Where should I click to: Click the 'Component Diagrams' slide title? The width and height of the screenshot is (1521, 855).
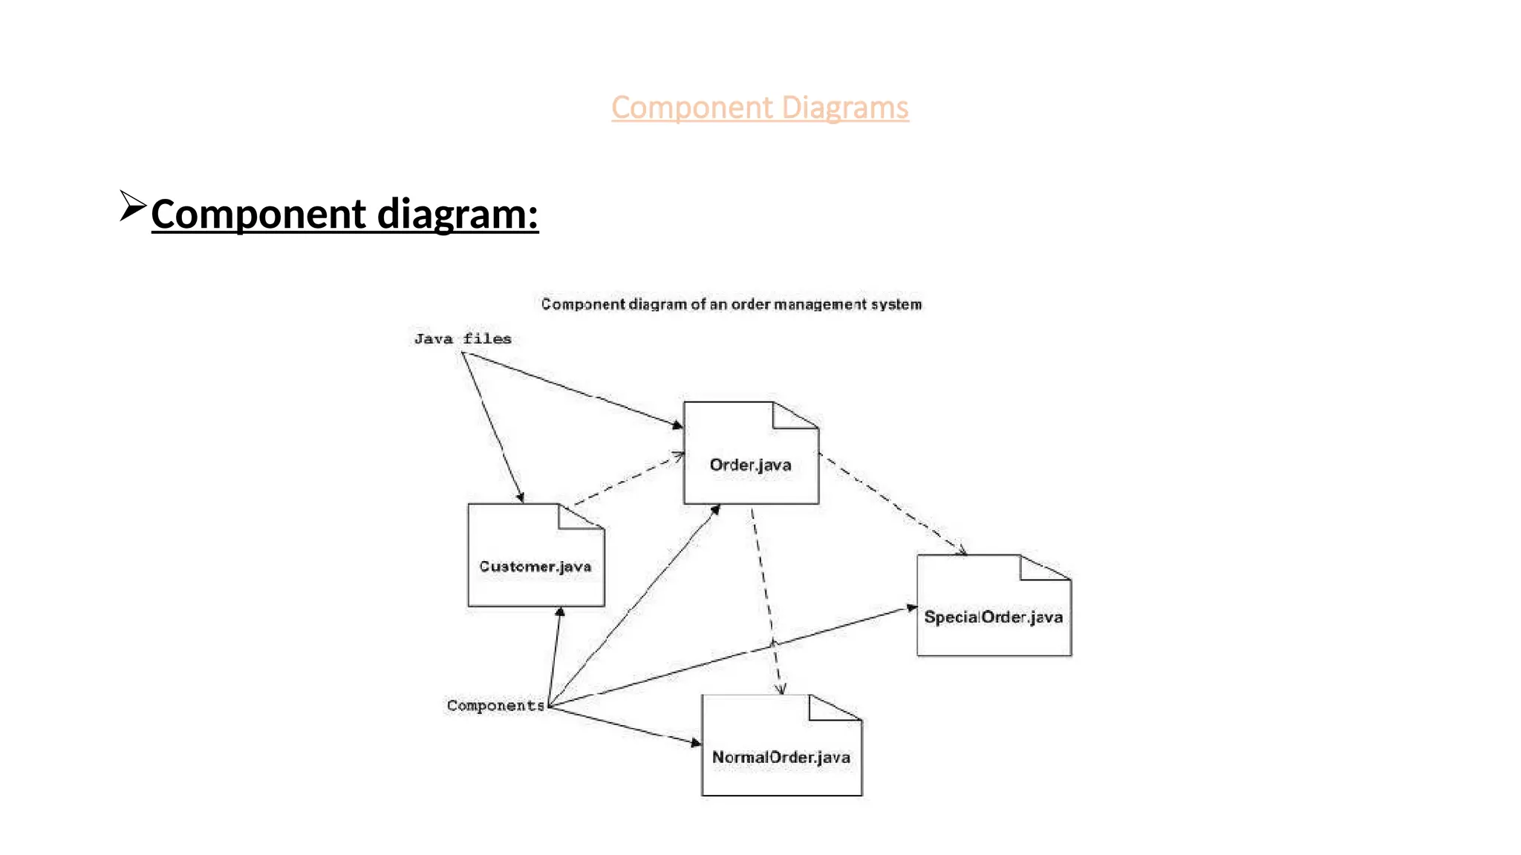760,108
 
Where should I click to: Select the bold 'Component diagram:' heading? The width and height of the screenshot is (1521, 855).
345,214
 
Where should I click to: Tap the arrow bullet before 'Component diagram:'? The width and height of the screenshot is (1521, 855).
132,206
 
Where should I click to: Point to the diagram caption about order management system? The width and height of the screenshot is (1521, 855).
731,304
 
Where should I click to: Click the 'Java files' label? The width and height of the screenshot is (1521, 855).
463,339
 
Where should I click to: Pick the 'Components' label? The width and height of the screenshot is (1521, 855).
495,705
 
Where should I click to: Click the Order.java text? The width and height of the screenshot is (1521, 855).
750,465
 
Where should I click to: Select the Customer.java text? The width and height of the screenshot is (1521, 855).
535,567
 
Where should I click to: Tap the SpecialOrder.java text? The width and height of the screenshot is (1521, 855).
993,617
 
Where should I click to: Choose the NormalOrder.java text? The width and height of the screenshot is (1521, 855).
781,758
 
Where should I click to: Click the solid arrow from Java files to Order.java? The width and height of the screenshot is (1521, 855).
572,389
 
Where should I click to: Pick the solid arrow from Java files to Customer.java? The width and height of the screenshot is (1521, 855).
492,427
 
